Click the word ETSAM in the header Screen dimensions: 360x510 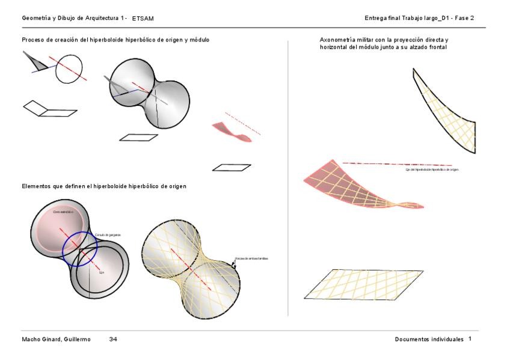[x=143, y=19]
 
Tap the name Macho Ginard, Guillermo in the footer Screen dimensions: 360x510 [x=56, y=340]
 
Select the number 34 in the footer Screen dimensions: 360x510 [x=113, y=340]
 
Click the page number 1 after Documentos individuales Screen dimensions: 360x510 [x=470, y=340]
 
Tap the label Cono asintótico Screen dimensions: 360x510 [x=63, y=212]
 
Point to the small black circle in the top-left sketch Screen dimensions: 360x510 [x=69, y=71]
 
